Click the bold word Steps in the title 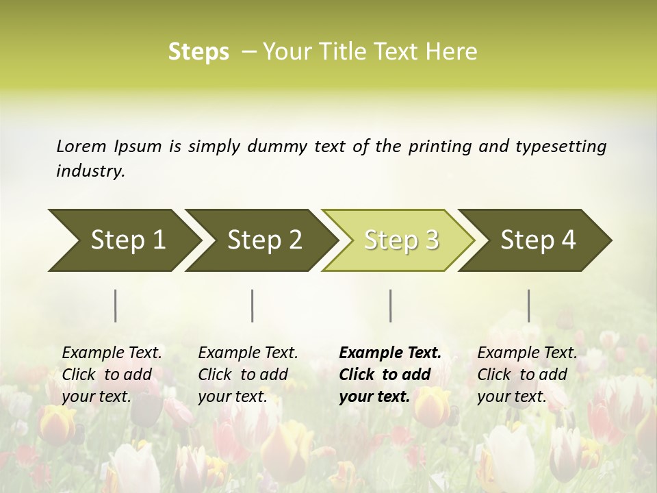[198, 52]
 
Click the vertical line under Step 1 [116, 305]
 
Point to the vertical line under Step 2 [253, 305]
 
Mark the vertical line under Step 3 [390, 305]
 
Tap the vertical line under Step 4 [528, 305]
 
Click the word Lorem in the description [81, 147]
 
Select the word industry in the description [90, 171]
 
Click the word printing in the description [438, 147]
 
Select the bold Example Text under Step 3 [390, 353]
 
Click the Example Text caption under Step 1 [112, 353]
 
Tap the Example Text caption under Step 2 [248, 353]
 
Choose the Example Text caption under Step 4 [527, 353]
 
